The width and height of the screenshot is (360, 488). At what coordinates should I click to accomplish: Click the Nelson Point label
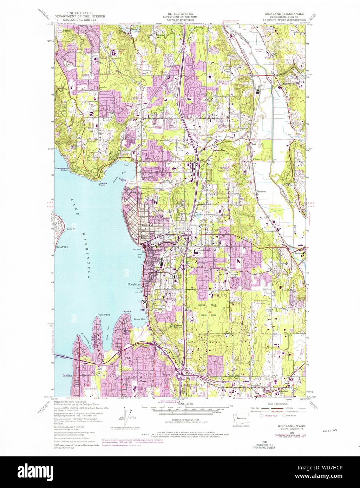[x=123, y=180]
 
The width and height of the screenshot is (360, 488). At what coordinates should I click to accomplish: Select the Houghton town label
[x=133, y=284]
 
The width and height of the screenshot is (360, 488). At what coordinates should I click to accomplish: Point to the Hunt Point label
[x=104, y=315]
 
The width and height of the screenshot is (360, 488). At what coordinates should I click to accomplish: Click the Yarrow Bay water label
[x=139, y=319]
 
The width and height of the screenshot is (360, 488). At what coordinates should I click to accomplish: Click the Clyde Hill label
[x=121, y=379]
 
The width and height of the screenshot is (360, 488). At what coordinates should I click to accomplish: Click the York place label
[x=254, y=144]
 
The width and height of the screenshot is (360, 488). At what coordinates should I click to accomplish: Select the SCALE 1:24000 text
[x=186, y=404]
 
